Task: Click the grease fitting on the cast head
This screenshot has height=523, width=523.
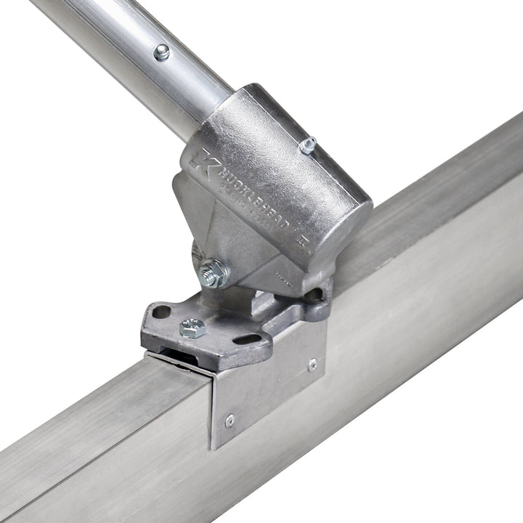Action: pyautogui.click(x=308, y=145)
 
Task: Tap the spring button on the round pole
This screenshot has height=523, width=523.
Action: pyautogui.click(x=161, y=52)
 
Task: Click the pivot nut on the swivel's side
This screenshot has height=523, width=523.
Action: pyautogui.click(x=213, y=273)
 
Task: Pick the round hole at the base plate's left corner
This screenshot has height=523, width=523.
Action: pyautogui.click(x=161, y=312)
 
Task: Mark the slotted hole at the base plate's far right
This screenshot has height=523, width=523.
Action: pyautogui.click(x=314, y=296)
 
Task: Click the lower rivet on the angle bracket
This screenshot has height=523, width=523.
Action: pyautogui.click(x=230, y=420)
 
